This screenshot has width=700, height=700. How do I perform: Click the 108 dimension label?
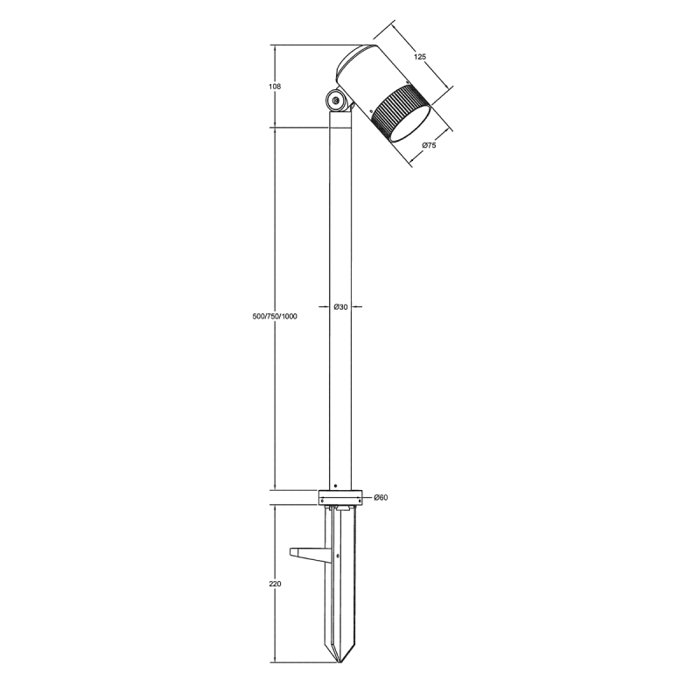(x=276, y=87)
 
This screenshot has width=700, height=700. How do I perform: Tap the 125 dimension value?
(x=420, y=57)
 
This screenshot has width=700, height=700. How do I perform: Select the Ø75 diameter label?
(x=429, y=145)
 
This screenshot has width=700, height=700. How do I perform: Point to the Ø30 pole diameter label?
(x=340, y=307)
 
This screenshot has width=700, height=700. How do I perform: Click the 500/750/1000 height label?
(x=275, y=317)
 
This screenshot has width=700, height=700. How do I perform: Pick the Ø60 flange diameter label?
(x=381, y=497)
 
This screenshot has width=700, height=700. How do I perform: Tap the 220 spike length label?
(x=276, y=584)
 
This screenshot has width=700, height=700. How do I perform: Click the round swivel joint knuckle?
(x=335, y=101)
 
